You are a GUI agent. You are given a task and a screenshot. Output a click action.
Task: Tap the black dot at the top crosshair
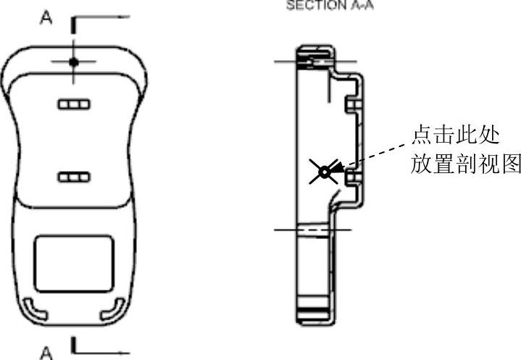pyautogui.click(x=73, y=62)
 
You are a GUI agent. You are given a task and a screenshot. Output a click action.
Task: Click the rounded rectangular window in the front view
pyautogui.click(x=74, y=261)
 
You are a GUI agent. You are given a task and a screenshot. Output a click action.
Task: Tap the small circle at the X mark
pyautogui.click(x=324, y=172)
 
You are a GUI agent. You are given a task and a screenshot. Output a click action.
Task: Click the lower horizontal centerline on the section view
pyautogui.click(x=312, y=230)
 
